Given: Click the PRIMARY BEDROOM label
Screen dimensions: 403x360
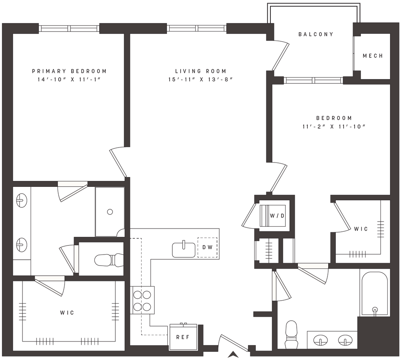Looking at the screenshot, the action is [69, 71].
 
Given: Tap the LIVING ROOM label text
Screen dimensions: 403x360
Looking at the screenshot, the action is [201, 71].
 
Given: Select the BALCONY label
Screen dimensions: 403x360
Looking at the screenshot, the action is [316, 34].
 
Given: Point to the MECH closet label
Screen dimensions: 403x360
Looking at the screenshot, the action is [372, 56].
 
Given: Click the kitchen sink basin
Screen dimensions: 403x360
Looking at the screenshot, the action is [183, 249].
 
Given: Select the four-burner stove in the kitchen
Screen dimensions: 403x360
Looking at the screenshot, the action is [142, 300].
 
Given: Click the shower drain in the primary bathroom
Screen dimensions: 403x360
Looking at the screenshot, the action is [110, 212].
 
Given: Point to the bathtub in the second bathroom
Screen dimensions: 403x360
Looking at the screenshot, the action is [375, 293].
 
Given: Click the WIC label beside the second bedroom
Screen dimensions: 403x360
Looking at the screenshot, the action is [360, 229].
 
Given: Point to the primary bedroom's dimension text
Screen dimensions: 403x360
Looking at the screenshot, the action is [69, 79].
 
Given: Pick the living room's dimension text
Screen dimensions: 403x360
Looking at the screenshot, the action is [201, 79].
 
